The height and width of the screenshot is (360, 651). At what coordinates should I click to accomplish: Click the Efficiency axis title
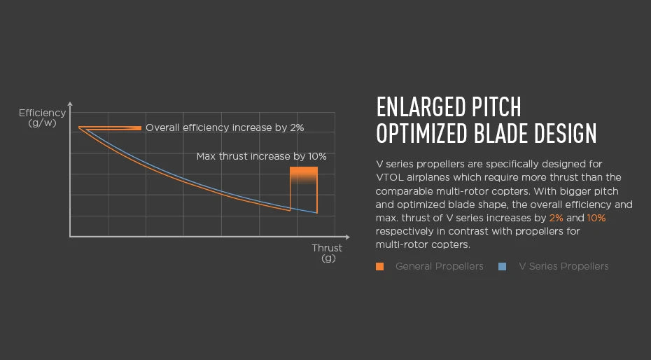coord(42,113)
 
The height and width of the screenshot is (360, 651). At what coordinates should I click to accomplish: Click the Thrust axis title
coord(327,248)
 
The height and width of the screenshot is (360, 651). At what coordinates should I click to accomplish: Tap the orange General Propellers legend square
coord(379,266)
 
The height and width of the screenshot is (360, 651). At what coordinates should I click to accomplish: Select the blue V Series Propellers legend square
coord(502,266)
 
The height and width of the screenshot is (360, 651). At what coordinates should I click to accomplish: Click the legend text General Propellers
coord(439,266)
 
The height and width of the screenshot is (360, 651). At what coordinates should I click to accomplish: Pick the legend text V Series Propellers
coord(563,266)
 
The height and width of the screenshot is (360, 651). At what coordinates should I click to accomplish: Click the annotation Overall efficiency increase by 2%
coord(225,127)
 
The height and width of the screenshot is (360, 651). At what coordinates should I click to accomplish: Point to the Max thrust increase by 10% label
coord(261,156)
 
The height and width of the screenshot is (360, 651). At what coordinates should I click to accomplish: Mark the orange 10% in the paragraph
coord(596,218)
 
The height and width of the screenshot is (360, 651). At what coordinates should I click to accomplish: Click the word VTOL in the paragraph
coord(390,177)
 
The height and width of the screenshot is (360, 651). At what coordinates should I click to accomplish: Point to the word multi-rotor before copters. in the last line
coord(401,244)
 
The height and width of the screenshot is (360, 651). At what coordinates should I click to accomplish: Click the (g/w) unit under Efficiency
coord(42,123)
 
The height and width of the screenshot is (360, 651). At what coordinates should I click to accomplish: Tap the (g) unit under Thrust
coord(328,258)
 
